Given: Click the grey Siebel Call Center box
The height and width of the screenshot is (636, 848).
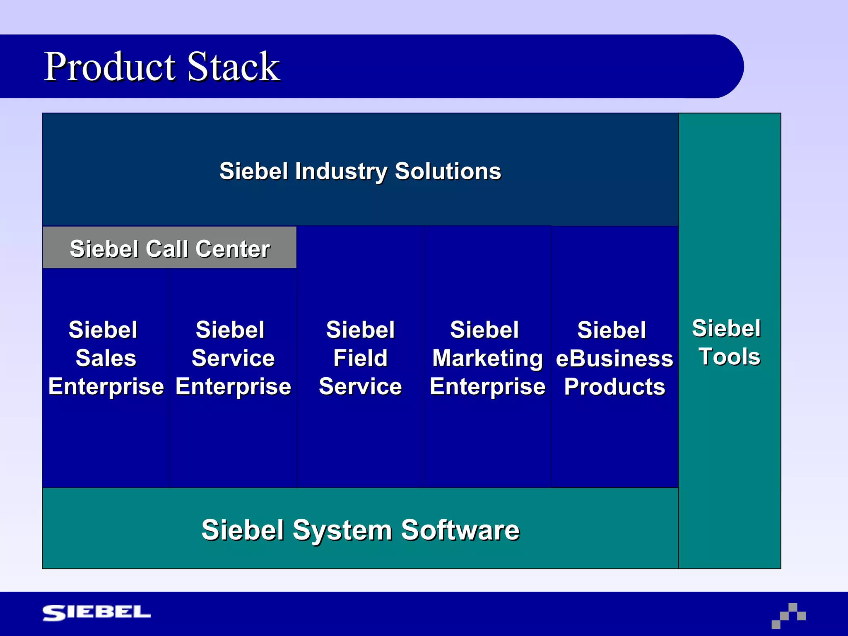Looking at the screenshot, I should tap(169, 248).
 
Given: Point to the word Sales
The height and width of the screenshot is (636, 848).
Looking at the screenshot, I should tap(106, 358).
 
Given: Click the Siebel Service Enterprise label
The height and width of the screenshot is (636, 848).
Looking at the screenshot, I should tap(233, 358).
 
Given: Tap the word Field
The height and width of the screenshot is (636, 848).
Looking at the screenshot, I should tap(360, 358).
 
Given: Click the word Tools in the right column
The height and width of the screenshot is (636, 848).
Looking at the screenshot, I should tap(730, 357).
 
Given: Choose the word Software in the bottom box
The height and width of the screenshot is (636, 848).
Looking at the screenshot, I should tap(460, 530).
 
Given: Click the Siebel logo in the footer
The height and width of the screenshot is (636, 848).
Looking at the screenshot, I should tap(96, 612).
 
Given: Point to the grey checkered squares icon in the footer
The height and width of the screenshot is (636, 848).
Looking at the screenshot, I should tap(788, 616).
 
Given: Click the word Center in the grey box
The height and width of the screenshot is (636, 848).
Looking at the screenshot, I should tap(233, 249).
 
